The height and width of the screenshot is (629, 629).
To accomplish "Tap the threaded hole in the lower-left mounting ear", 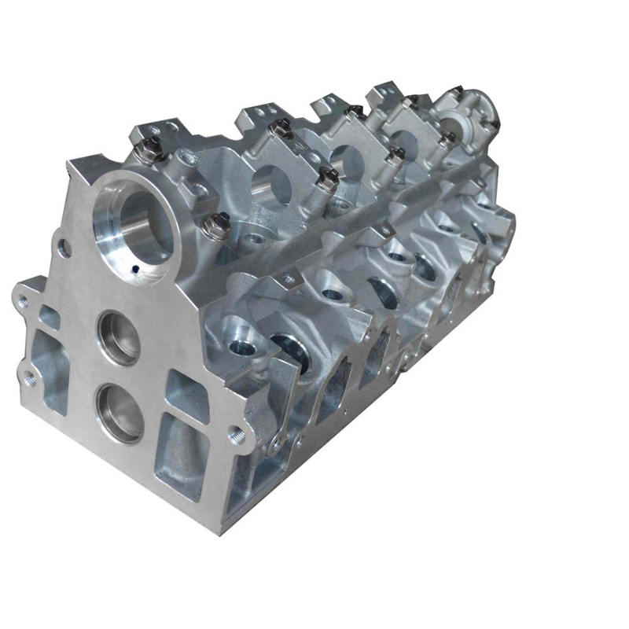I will [x=31, y=377].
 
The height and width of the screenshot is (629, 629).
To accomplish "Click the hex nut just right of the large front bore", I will [x=215, y=229].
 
